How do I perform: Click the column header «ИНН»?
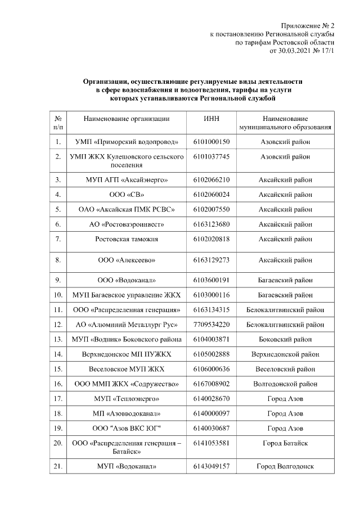tap(212, 119)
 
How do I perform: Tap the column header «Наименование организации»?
tap(127, 119)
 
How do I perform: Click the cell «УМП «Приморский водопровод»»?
tap(127, 142)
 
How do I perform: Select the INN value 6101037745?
tap(212, 157)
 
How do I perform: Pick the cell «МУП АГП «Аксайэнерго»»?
tap(127, 180)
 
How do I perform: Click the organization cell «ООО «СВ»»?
tap(127, 195)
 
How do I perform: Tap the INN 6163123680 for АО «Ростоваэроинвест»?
tap(212, 224)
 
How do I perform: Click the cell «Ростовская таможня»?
tap(127, 239)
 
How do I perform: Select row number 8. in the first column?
tap(58, 260)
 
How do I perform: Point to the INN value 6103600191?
tap(212, 280)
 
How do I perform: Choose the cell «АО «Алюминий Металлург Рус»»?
tap(127, 325)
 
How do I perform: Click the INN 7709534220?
tap(212, 325)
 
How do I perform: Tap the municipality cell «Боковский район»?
tap(285, 339)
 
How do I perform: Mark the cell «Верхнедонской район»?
tap(285, 354)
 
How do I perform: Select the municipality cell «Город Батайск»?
tap(285, 443)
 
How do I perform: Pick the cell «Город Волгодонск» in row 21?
tap(285, 466)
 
